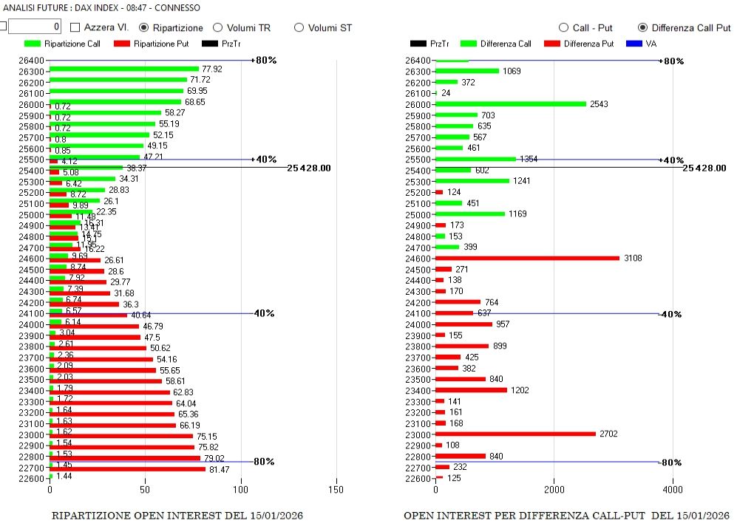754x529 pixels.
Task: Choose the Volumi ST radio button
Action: click(299, 27)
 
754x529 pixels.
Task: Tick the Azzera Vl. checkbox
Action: click(75, 27)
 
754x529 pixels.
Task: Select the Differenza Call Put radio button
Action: click(642, 27)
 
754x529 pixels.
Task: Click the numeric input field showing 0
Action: click(35, 27)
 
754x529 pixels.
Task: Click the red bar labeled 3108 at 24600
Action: click(527, 258)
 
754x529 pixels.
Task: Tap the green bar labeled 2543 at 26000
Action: click(510, 104)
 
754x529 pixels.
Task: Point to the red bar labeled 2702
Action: click(515, 434)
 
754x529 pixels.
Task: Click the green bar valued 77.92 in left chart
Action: click(124, 69)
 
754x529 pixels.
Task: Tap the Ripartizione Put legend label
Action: click(161, 44)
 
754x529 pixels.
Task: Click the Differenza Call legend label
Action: click(506, 44)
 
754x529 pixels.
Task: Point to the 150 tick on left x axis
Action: click(336, 489)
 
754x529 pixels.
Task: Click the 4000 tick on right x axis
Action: click(673, 489)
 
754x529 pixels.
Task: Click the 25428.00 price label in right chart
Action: click(704, 168)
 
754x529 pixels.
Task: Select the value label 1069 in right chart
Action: click(512, 71)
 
